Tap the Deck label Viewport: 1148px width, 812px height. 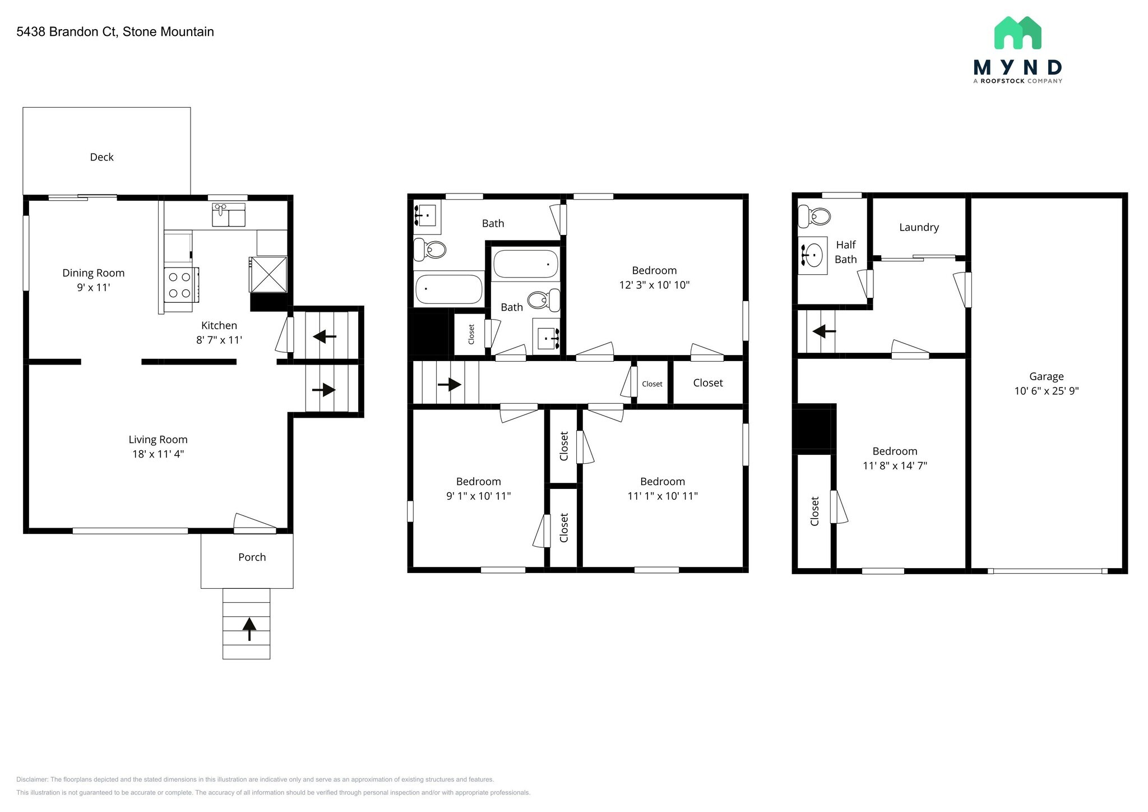[x=101, y=158]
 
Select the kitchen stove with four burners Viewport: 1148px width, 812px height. [x=180, y=285]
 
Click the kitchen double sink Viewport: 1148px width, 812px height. [x=228, y=215]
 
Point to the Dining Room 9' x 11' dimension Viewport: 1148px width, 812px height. [x=94, y=288]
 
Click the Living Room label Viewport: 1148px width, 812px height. [x=158, y=440]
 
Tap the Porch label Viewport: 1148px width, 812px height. [x=252, y=557]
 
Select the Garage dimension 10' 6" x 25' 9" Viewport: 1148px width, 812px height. [x=1046, y=391]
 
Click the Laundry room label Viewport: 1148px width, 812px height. [x=919, y=227]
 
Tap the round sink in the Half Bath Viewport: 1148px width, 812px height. [x=812, y=256]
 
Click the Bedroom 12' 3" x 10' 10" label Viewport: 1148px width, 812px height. [x=654, y=278]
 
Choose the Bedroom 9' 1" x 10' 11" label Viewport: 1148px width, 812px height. [x=478, y=488]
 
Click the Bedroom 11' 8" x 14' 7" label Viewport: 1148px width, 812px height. [x=895, y=458]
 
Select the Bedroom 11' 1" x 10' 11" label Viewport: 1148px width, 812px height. [x=663, y=488]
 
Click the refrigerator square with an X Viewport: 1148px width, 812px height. [x=268, y=274]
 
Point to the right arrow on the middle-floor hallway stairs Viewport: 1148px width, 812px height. [x=449, y=385]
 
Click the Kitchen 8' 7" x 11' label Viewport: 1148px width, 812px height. [x=219, y=333]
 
